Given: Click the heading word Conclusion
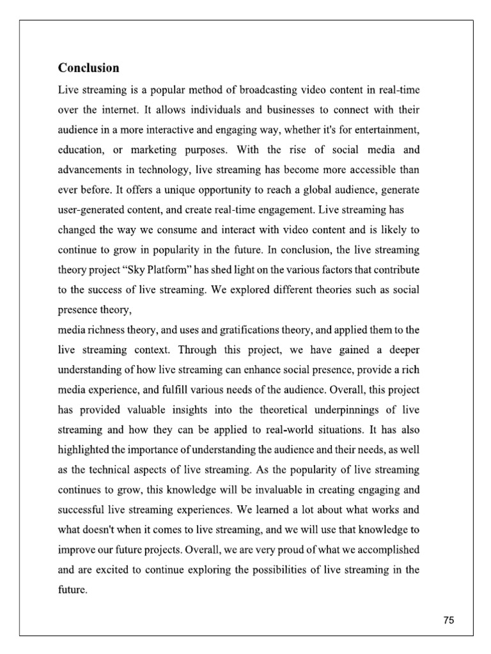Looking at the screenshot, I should click(88, 67).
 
